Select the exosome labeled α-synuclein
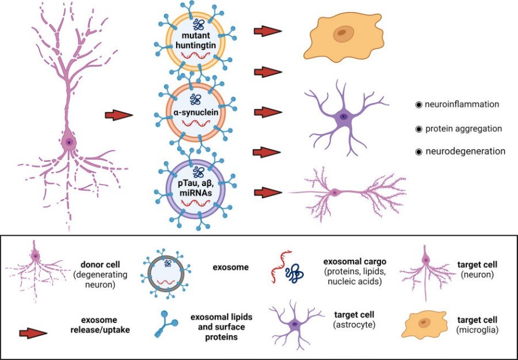click(x=196, y=113)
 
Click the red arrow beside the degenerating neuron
click(x=120, y=116)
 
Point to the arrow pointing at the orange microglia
click(x=267, y=32)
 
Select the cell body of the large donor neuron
click(x=69, y=142)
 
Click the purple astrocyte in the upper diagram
click(x=343, y=117)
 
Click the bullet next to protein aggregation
click(x=419, y=128)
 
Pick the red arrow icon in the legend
click(x=33, y=333)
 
